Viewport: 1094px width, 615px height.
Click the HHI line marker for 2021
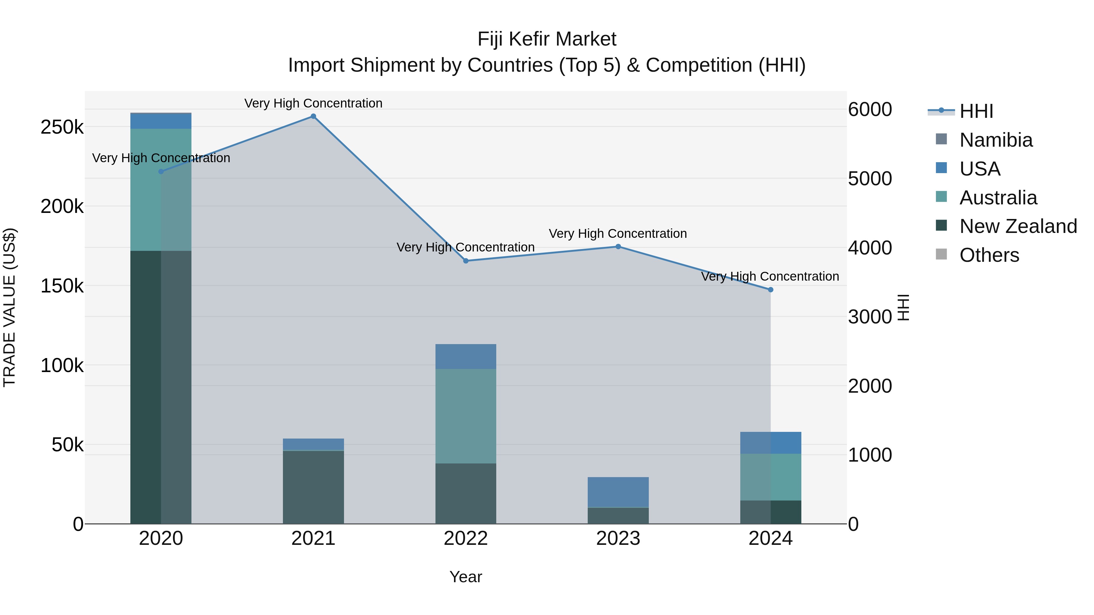313,116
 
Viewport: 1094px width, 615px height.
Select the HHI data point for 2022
466,261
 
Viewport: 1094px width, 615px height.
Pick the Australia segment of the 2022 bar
466,416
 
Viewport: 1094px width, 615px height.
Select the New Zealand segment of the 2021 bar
313,487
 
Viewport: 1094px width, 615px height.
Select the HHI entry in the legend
975,111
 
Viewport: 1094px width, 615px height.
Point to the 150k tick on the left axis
62,286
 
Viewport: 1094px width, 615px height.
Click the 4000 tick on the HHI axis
870,248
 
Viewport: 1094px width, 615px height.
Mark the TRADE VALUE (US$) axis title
9,307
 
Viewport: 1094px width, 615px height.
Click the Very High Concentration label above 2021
313,103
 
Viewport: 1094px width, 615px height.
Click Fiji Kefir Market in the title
547,39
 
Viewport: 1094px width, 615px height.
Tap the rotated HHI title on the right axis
903,307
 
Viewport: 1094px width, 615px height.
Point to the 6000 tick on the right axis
870,110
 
